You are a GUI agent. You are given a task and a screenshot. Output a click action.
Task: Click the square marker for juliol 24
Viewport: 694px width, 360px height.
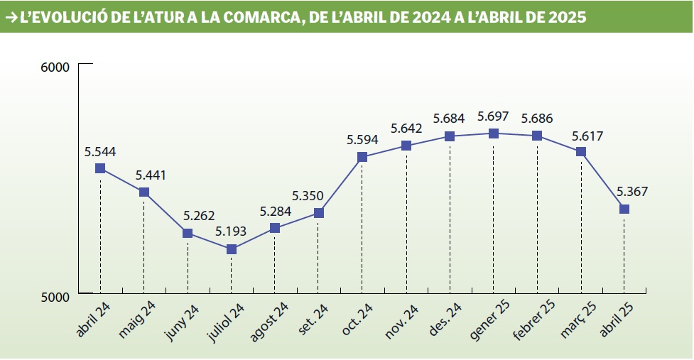[231, 249]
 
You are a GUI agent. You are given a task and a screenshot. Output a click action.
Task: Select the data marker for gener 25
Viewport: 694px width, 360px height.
[494, 133]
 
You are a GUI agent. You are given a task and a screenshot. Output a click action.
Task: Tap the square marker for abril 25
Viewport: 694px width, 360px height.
[624, 209]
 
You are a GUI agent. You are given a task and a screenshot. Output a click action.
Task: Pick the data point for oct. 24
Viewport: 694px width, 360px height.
[362, 157]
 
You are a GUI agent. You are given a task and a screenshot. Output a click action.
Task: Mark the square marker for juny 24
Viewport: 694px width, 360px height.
[188, 233]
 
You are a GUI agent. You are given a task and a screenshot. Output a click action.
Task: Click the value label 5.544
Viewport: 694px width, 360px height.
[100, 151]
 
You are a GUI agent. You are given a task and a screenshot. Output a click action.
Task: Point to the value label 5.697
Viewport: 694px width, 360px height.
[494, 116]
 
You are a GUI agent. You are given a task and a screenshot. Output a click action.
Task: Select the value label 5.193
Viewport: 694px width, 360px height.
[231, 231]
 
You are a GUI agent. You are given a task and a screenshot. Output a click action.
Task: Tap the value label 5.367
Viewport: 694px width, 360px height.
[632, 191]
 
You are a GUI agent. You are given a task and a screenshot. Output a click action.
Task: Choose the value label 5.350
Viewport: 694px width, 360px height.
[308, 195]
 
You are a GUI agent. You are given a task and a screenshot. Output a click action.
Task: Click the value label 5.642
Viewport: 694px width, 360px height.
[406, 129]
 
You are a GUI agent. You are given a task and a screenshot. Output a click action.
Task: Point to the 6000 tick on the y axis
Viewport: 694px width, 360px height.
[55, 67]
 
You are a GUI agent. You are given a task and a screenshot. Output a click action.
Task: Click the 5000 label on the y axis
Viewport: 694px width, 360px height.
[55, 296]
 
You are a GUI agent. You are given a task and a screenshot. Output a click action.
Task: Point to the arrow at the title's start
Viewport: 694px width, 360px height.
[11, 18]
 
